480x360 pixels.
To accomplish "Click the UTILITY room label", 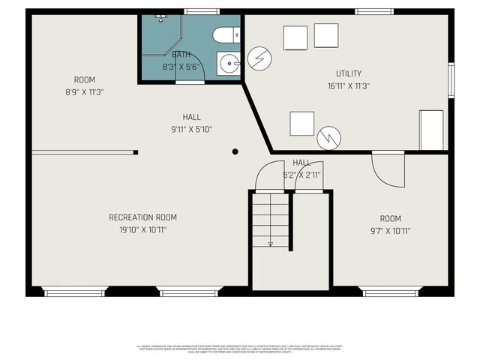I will point(349,73).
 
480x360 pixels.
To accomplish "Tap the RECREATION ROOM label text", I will point(142,217).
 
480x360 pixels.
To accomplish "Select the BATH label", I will point(181,55).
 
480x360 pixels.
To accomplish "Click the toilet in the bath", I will point(225,35).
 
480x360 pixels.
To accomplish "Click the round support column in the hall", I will point(235,151).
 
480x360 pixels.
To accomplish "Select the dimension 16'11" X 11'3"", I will point(349,85).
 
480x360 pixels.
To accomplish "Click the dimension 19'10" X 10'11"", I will point(142,229).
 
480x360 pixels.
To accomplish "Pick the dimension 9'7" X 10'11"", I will point(390,231).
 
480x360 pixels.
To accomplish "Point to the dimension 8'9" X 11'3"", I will point(84,92).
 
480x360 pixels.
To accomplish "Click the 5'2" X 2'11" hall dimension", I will point(301,175).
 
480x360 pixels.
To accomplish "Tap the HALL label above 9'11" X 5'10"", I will point(192,117).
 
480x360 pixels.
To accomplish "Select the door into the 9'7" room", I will point(388,170).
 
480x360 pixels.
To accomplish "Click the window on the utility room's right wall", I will point(451,79).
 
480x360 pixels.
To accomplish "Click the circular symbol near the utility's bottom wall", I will point(328,137).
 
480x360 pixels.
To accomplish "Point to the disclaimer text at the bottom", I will point(240,349).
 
